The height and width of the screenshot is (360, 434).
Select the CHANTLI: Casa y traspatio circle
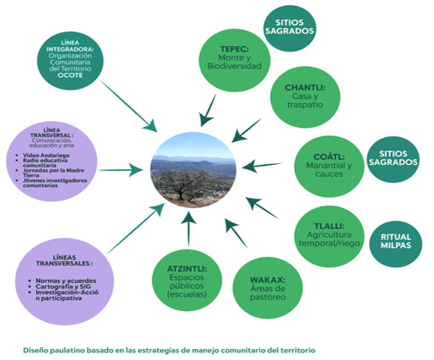305,97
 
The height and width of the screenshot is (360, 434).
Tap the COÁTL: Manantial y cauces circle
329,166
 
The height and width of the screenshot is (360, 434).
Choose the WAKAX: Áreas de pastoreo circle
268,288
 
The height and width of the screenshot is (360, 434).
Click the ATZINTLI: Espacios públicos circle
187,281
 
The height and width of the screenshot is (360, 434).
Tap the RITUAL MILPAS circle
396,241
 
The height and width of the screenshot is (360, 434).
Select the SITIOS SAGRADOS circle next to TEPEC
289,27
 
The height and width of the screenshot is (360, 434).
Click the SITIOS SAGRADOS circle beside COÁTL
393,159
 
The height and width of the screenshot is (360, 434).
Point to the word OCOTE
70,75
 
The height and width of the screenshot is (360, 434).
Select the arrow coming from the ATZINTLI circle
189,228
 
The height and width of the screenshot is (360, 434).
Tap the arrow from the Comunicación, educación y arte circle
120,170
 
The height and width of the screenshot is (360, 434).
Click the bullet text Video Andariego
46,155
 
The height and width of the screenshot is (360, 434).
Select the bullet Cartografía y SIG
63,287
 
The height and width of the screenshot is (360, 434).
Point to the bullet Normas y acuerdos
66,281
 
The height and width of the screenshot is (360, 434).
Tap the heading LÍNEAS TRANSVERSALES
64,260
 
